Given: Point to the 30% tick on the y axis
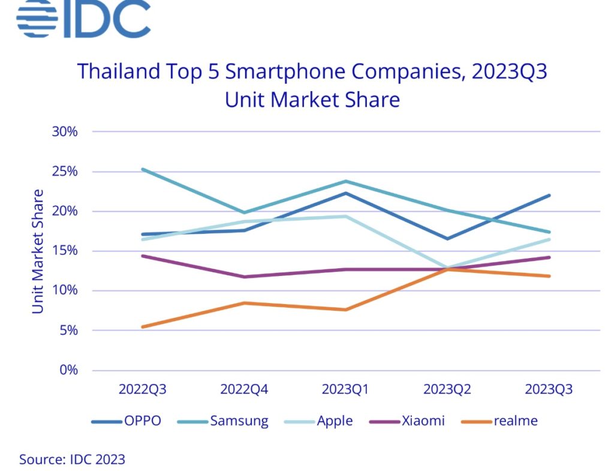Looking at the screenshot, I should pyautogui.click(x=65, y=131).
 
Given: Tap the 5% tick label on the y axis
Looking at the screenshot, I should pyautogui.click(x=68, y=330).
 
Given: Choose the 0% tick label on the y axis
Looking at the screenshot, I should pyautogui.click(x=68, y=370).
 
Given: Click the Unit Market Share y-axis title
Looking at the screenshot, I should pyautogui.click(x=38, y=251).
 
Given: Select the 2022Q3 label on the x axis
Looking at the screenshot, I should pyautogui.click(x=142, y=389).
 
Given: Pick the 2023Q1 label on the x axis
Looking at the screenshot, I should pyautogui.click(x=345, y=389).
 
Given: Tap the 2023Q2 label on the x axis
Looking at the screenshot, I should pyautogui.click(x=447, y=389).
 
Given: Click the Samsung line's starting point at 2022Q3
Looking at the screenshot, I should pyautogui.click(x=143, y=169).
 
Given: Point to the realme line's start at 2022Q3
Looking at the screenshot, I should pyautogui.click(x=143, y=326).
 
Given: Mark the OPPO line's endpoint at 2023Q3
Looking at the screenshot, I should pyautogui.click(x=549, y=196).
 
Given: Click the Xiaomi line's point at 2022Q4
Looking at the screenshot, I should pyautogui.click(x=244, y=277).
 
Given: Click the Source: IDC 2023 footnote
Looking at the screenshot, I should pyautogui.click(x=72, y=460).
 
